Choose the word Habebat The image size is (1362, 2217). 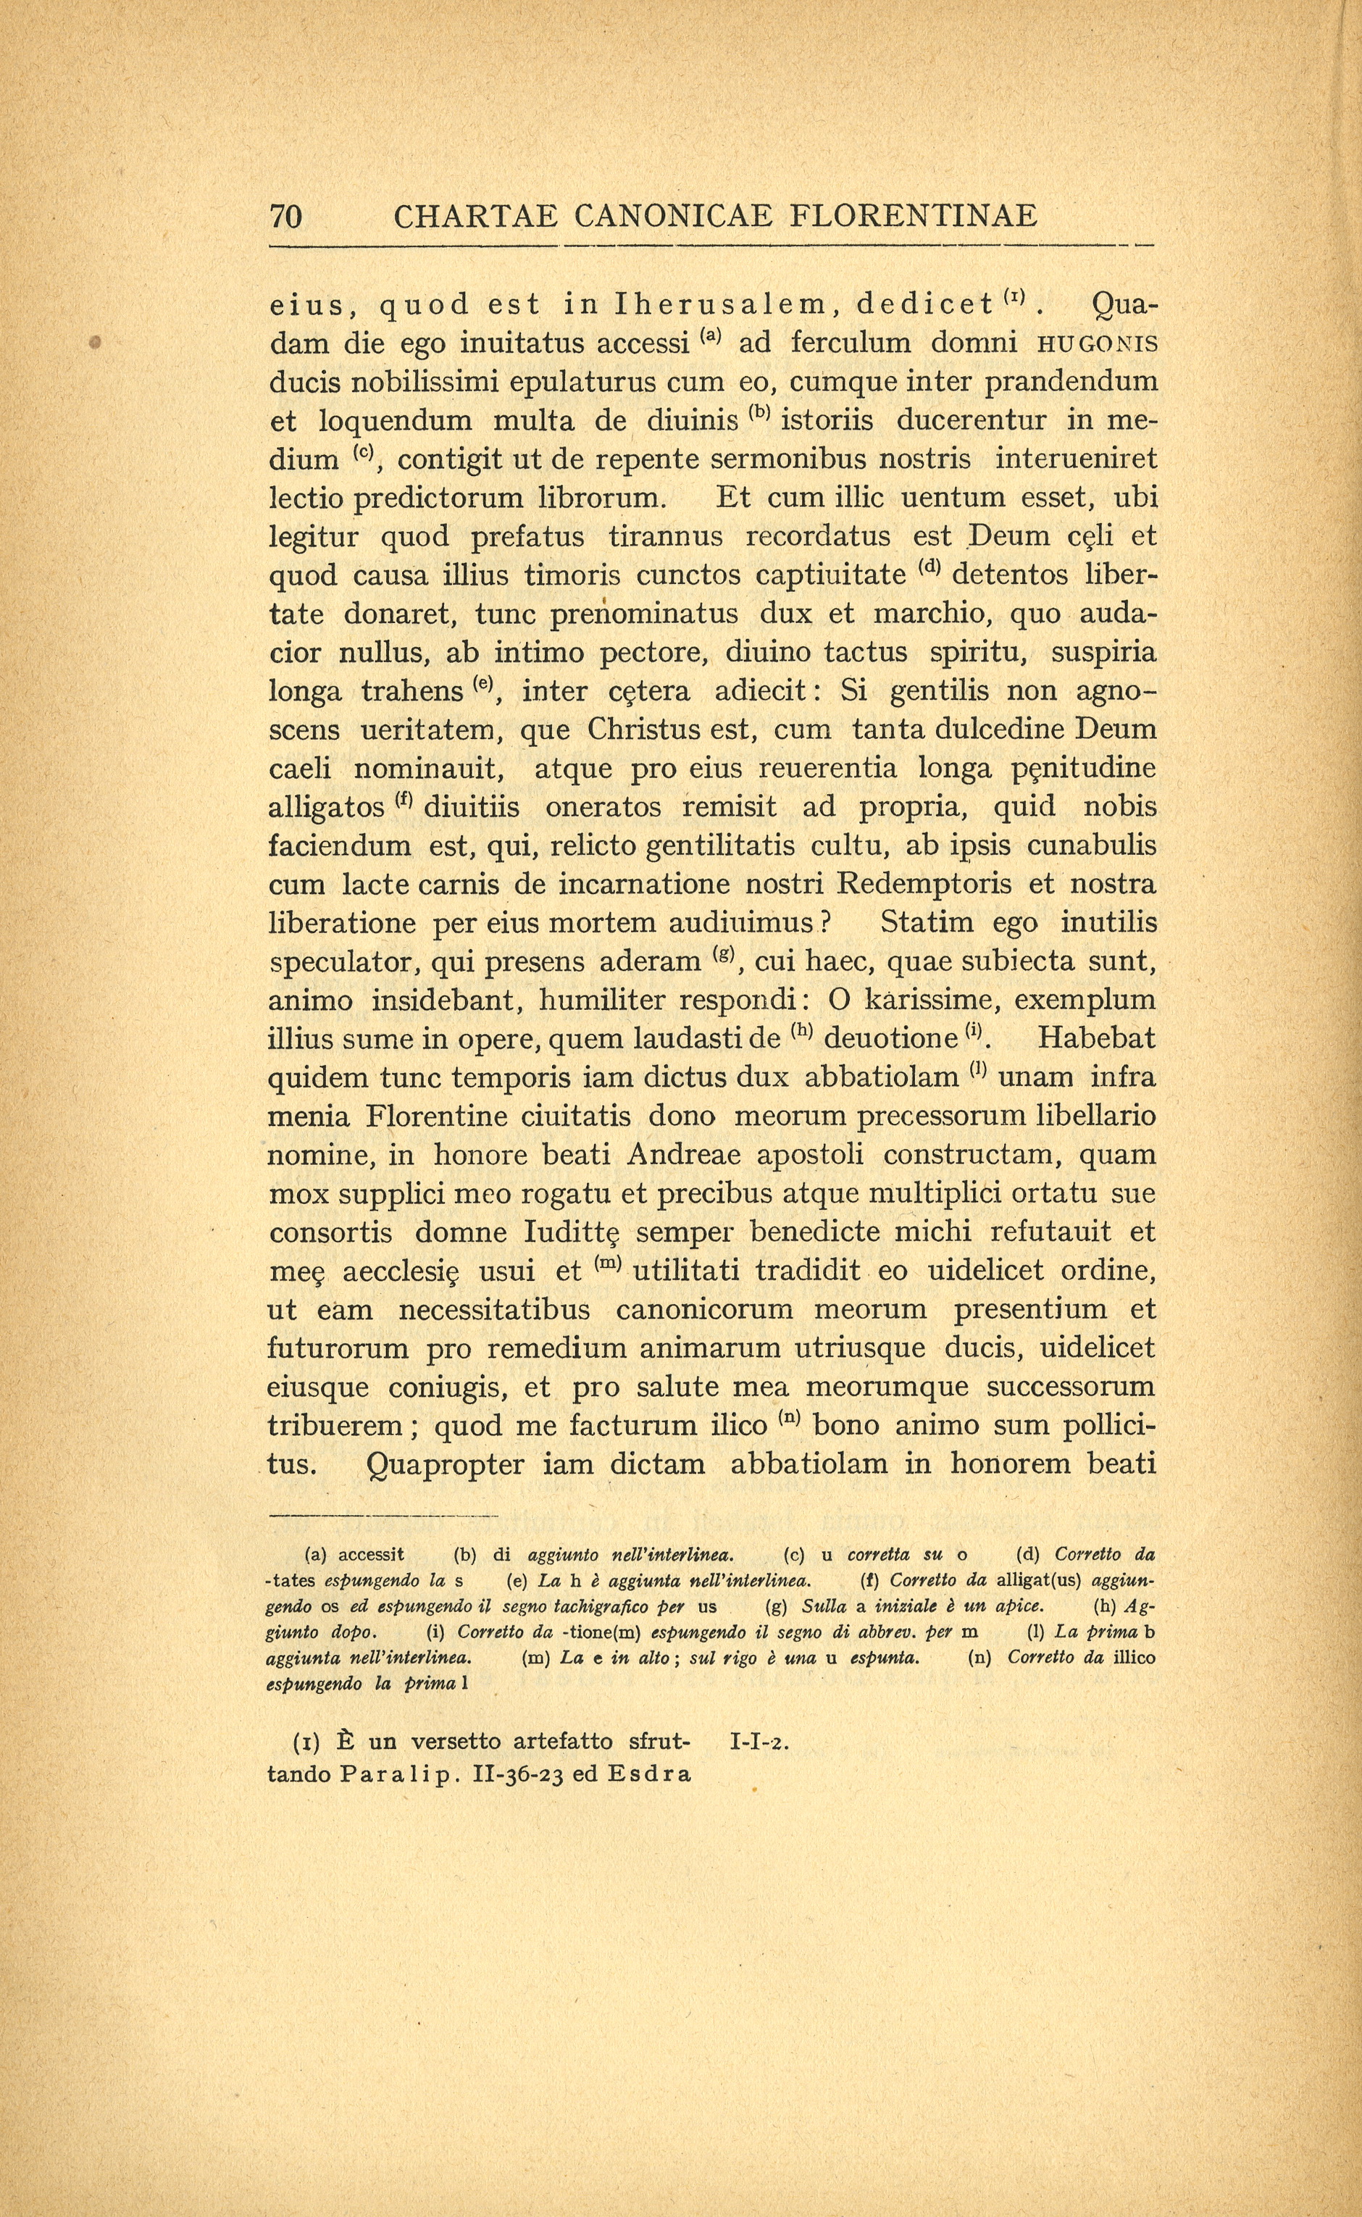(x=1096, y=1039)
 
